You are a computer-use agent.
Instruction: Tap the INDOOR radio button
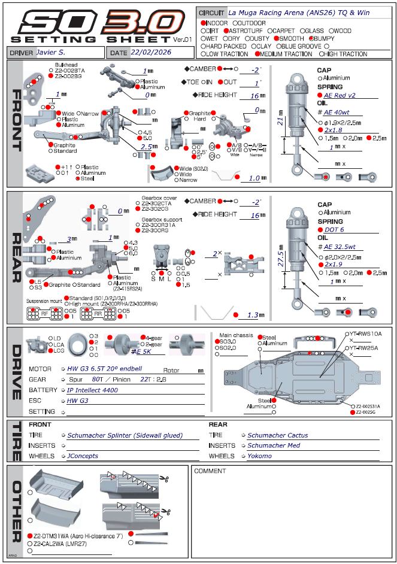pos(204,23)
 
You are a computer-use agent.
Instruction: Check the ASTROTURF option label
pos(244,31)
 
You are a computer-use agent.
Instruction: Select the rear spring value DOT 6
pos(334,229)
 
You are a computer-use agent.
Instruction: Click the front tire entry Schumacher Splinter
pos(125,436)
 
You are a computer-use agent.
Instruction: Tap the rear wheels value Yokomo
pos(259,456)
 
